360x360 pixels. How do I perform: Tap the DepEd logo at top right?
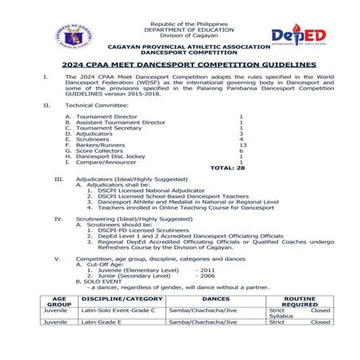[x=298, y=35]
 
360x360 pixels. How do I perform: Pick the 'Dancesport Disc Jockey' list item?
[x=112, y=157]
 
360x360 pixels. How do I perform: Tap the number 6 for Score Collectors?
[x=241, y=151]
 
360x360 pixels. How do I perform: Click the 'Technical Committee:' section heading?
[x=96, y=105]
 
